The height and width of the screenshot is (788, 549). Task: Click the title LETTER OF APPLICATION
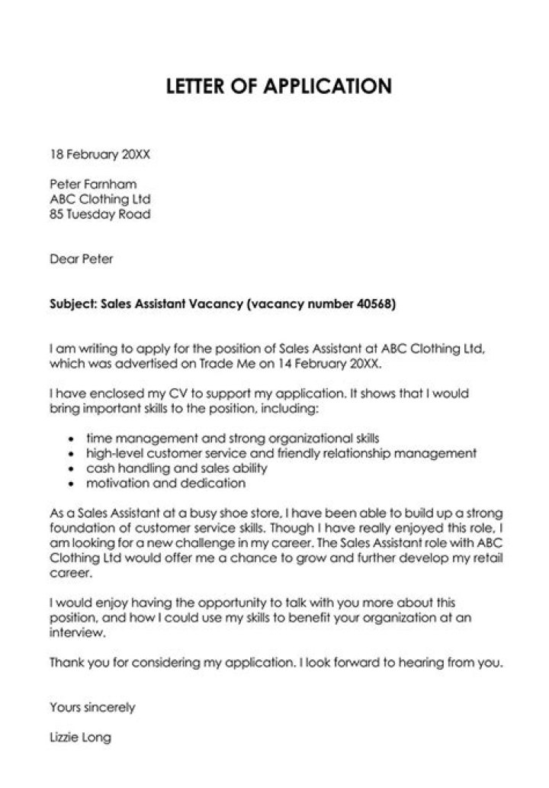coord(278,86)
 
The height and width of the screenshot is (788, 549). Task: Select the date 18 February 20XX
coord(100,154)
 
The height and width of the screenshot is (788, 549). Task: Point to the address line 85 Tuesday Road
coord(100,214)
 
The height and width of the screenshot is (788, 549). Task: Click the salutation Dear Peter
coord(82,259)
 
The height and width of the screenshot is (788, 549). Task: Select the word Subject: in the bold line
coord(73,304)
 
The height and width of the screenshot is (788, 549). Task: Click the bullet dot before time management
coord(71,440)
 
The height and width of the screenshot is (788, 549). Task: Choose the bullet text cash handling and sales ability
coord(176,468)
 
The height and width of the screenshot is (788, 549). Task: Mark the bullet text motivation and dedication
coord(165,483)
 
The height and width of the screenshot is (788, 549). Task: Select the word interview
coord(75,633)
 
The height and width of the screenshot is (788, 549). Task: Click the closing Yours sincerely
coord(92,707)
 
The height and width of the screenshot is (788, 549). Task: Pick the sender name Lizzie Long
coord(80,738)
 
